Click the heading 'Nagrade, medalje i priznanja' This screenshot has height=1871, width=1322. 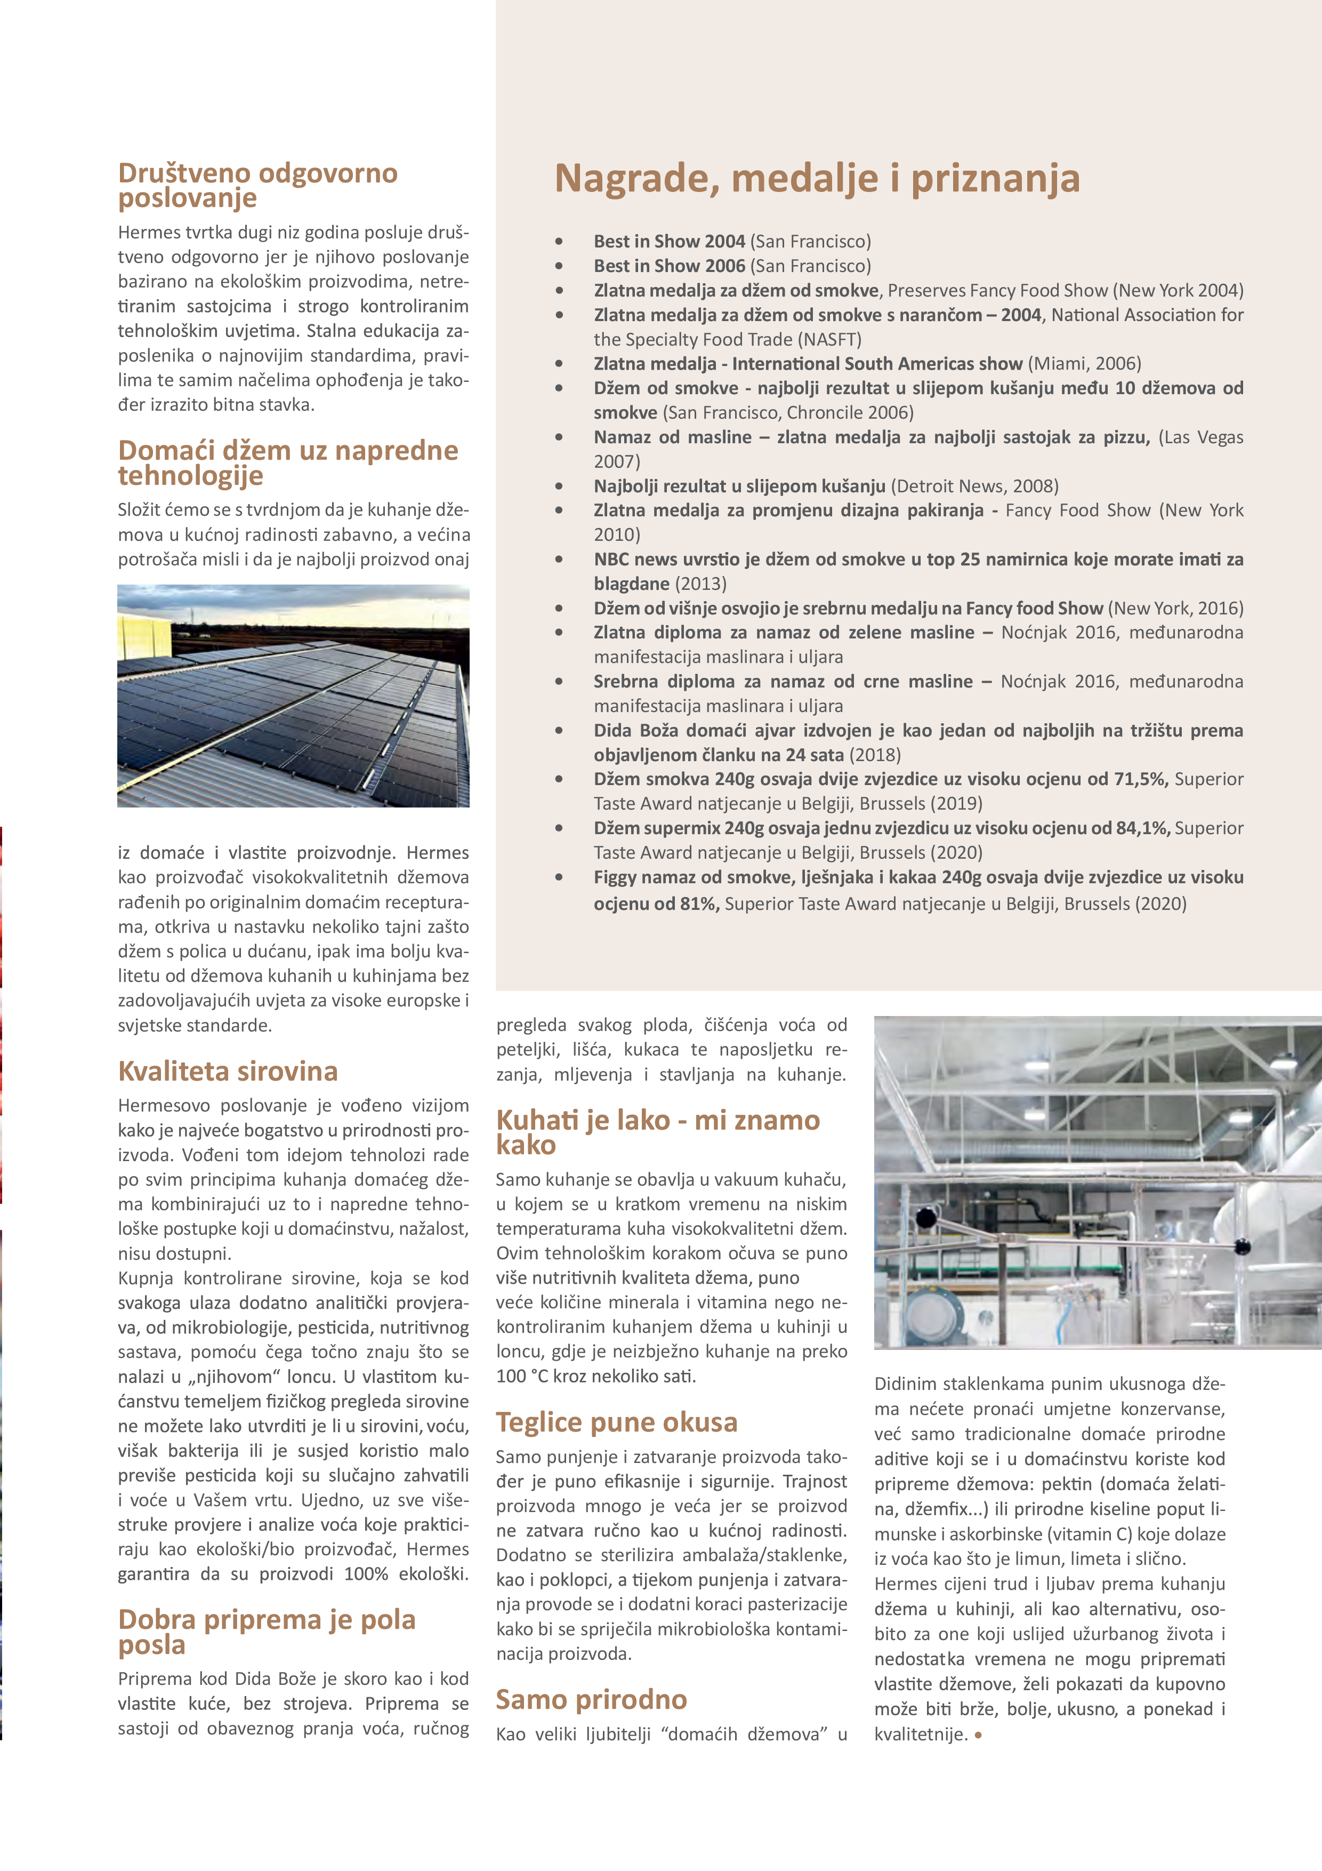point(817,179)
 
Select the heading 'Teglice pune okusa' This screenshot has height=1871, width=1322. point(617,1422)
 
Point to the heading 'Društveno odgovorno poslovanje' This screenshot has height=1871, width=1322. point(257,185)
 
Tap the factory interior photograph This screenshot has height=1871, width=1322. point(1097,1181)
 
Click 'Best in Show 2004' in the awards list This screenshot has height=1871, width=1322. point(669,241)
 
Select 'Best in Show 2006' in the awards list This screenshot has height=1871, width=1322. point(669,266)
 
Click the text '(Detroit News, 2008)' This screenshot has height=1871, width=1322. point(974,486)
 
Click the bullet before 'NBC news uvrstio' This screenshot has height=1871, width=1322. point(559,560)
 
